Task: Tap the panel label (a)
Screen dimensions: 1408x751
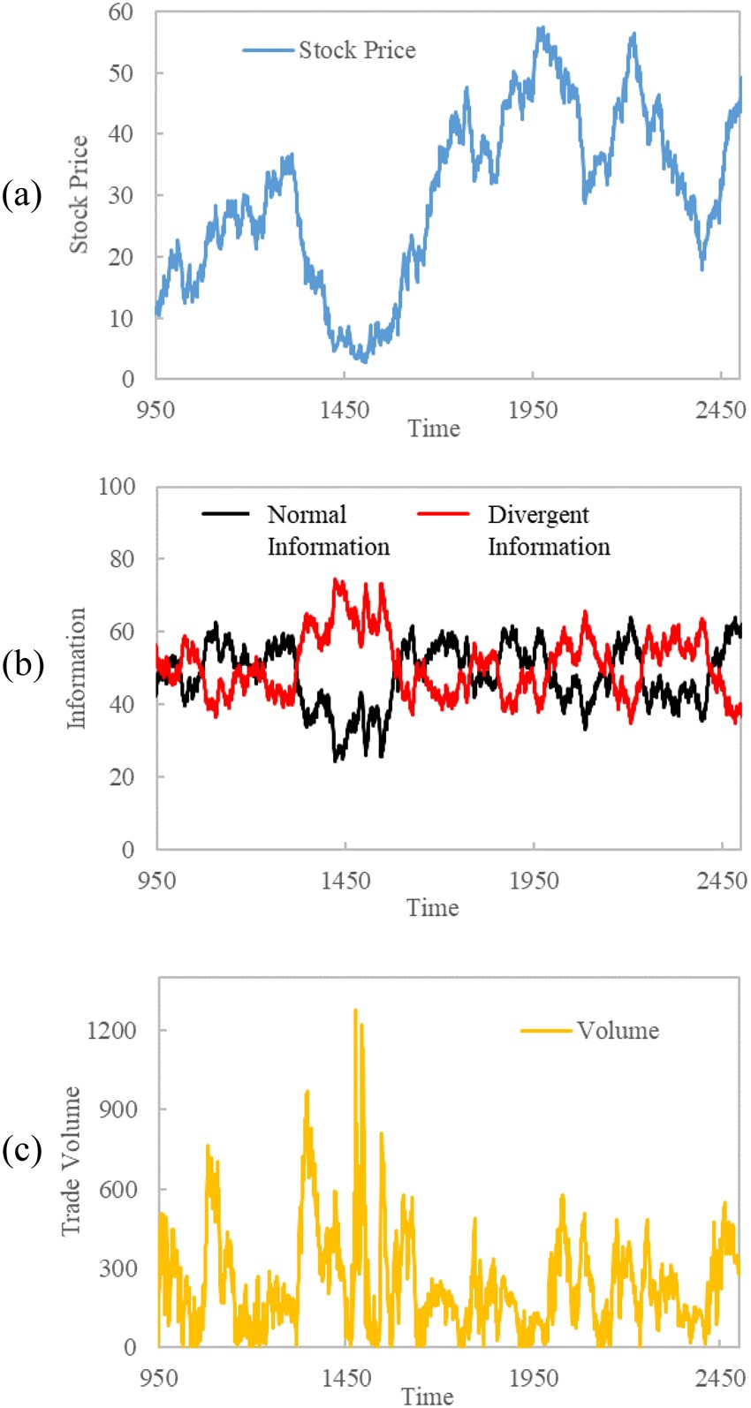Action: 21,194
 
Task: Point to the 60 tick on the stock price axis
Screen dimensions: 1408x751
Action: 121,12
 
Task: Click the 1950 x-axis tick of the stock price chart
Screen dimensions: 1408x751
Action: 533,411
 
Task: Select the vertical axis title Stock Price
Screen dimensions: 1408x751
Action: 80,194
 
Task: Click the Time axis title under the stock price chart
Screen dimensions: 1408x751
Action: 434,429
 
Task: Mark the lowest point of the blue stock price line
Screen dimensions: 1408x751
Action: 363,360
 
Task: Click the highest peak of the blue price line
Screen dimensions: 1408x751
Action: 541,28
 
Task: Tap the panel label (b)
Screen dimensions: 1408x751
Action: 22,664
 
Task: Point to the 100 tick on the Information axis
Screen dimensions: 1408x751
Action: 117,487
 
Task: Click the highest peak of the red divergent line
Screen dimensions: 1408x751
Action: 335,579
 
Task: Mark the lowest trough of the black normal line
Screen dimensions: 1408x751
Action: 336,760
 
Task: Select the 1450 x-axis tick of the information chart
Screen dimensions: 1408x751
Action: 345,881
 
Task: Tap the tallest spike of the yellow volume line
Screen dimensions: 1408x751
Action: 355,1010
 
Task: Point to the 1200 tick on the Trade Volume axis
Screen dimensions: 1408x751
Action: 112,1031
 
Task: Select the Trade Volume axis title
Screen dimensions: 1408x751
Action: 71,1162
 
